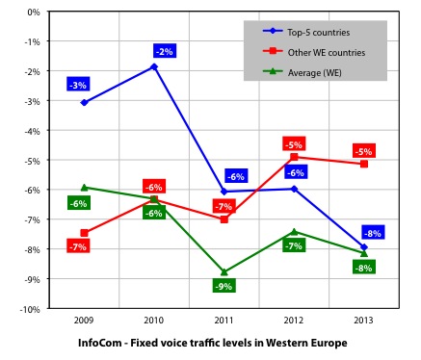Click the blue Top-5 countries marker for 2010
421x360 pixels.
pos(154,66)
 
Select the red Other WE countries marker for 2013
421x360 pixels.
pos(363,165)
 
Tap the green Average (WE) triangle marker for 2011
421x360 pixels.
pos(224,272)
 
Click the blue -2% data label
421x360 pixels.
pos(163,50)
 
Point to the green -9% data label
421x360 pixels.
pos(223,286)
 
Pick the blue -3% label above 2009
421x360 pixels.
pos(79,85)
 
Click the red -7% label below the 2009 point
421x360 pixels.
pos(79,247)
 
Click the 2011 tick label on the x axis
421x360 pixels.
pos(224,318)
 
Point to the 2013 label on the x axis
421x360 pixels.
pos(363,318)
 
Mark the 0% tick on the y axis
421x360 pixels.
pos(34,13)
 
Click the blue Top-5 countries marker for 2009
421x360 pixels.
pos(84,102)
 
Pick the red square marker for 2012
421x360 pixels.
pos(294,157)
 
